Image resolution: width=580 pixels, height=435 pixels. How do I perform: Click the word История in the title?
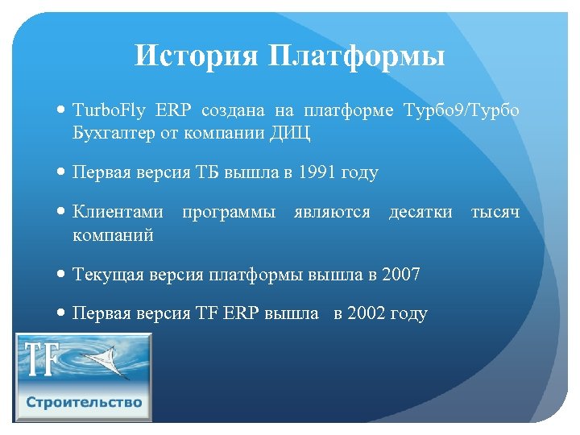pos(197,56)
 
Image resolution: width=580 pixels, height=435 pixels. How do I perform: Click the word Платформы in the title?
pos(353,56)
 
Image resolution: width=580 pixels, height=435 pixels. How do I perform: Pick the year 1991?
pos(318,172)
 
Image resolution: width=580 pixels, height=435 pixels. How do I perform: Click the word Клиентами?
pos(118,212)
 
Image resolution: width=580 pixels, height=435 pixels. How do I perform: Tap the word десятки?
pos(420,212)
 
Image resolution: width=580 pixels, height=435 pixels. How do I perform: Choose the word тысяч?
pos(495,212)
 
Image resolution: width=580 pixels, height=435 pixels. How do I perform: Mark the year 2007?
pos(401,275)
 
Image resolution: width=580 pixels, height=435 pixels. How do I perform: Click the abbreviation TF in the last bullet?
pos(205,313)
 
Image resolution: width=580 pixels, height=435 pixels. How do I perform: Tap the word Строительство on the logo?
pos(84,402)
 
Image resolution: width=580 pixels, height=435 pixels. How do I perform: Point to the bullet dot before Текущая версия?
pos(62,275)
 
